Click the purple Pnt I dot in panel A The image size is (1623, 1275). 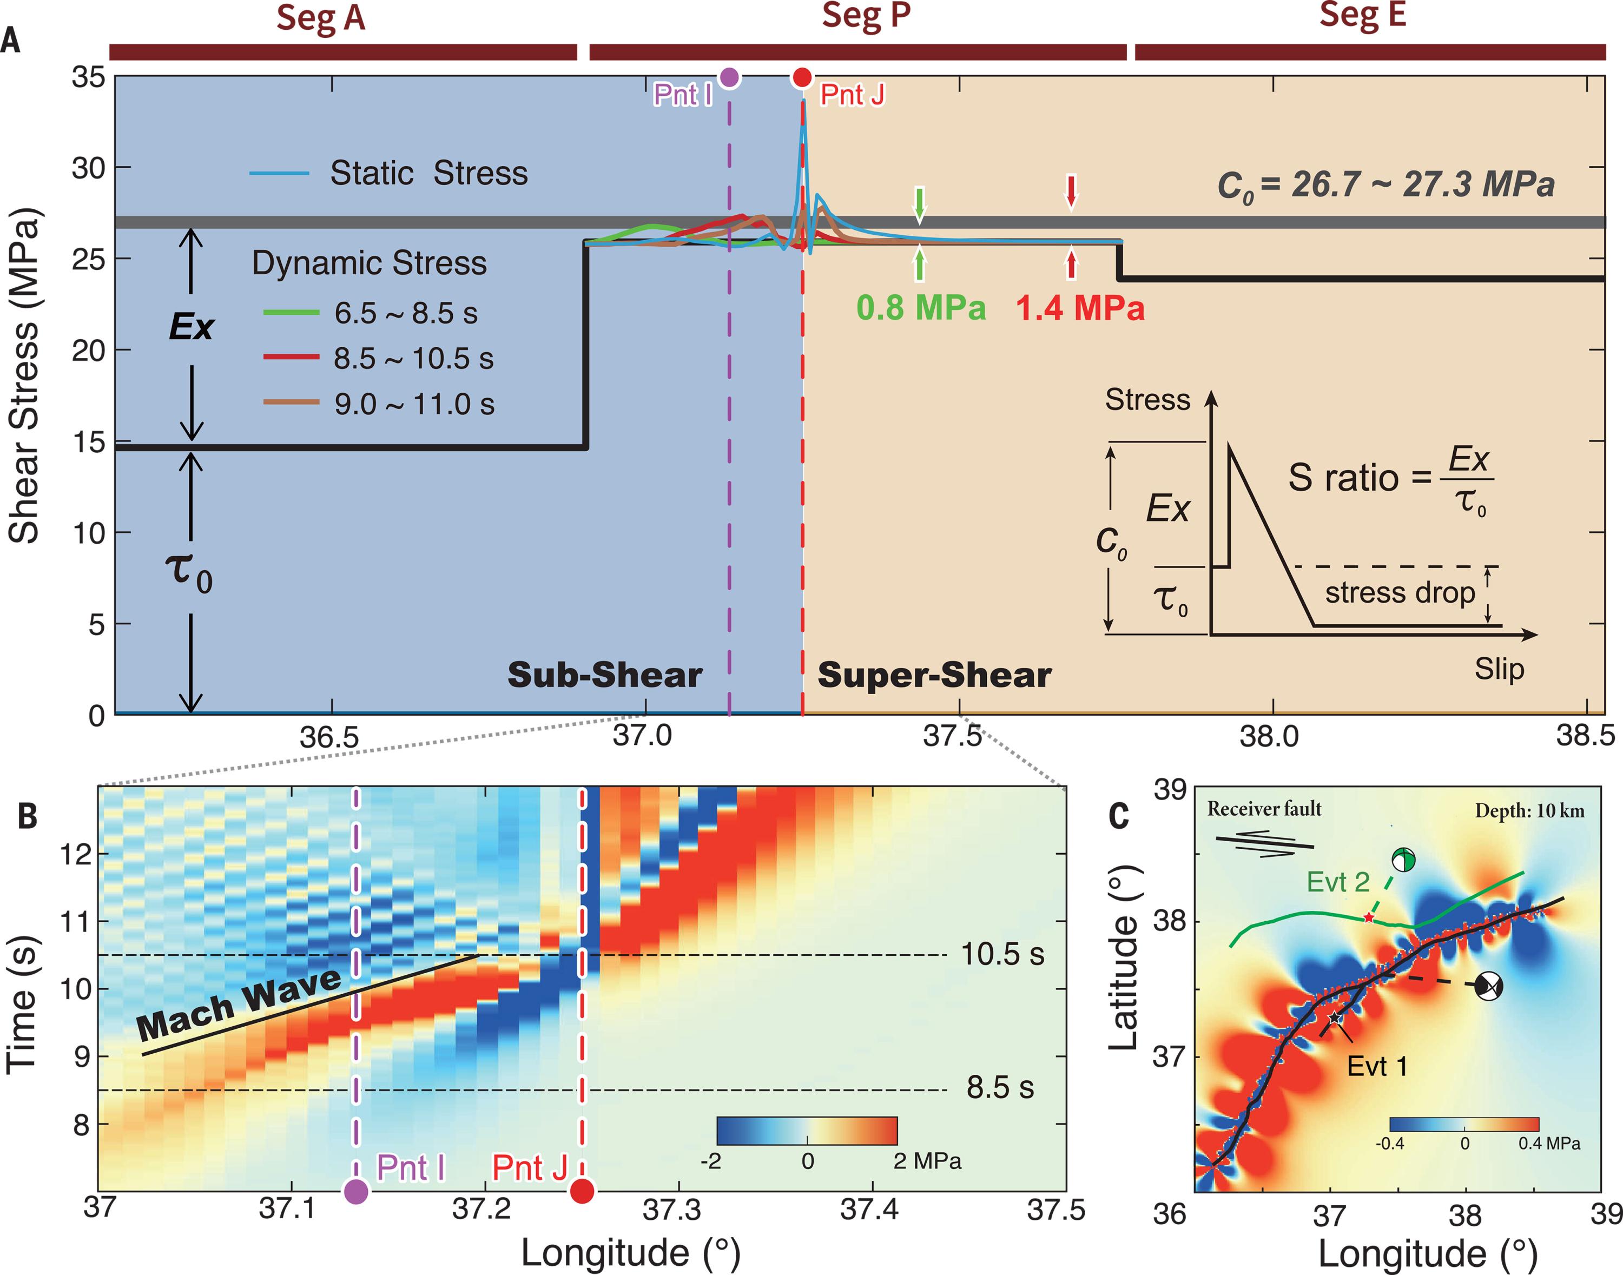(730, 77)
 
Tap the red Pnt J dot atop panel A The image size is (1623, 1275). (802, 77)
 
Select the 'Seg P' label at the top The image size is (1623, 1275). (866, 16)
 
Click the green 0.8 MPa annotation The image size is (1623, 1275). (920, 308)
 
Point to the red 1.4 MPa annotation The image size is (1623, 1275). (1080, 308)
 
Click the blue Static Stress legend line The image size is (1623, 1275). (279, 173)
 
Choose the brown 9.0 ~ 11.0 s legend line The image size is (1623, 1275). (291, 403)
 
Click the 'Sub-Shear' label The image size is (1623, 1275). (605, 675)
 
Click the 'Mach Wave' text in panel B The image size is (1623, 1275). (239, 1004)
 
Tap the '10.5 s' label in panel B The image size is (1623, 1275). (1002, 955)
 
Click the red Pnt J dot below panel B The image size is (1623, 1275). (582, 1191)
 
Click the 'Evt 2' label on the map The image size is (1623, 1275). (1338, 882)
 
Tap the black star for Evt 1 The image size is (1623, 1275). (1334, 1018)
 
